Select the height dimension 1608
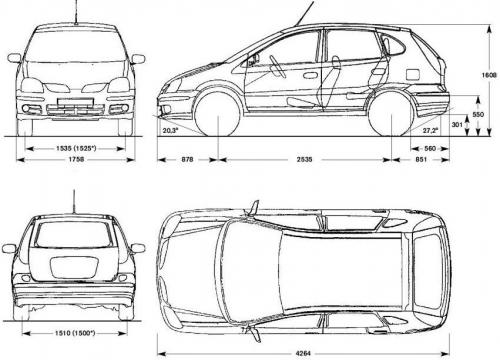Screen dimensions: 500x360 coord(487,76)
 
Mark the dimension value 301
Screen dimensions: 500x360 coord(457,125)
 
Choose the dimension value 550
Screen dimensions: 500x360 coord(478,116)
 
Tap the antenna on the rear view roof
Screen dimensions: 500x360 coord(74,198)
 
